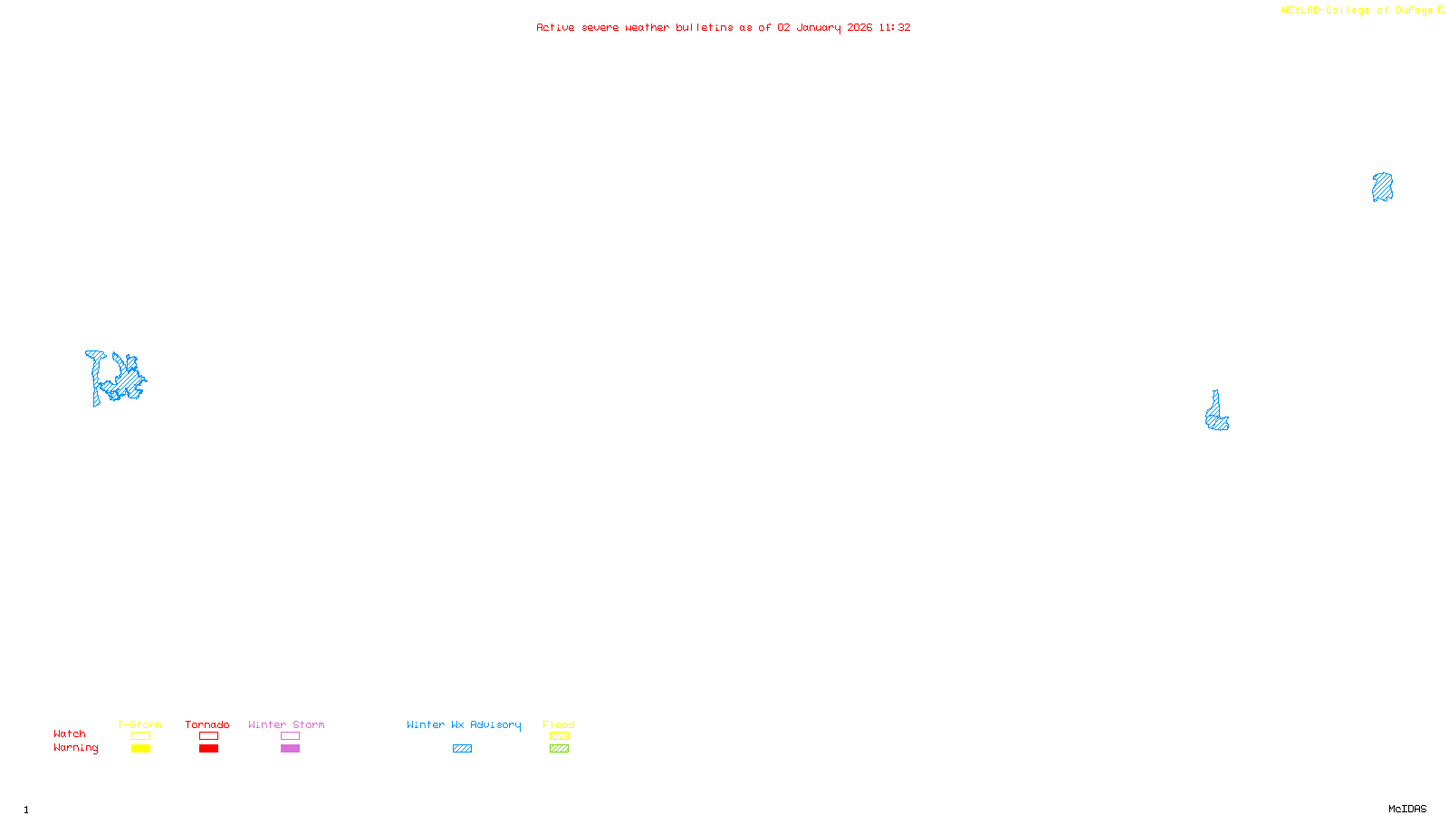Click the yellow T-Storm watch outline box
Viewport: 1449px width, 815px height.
click(x=140, y=736)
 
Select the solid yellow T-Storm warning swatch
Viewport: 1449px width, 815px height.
click(x=140, y=749)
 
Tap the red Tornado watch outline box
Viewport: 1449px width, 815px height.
click(x=208, y=736)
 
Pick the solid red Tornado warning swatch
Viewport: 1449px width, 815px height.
click(x=208, y=749)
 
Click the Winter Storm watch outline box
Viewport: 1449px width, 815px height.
click(x=290, y=736)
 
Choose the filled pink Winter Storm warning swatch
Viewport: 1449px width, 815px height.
click(x=290, y=749)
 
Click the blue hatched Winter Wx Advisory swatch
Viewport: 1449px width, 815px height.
click(x=462, y=749)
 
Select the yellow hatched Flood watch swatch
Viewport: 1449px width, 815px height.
click(x=559, y=736)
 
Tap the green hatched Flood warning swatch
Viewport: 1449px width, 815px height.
click(x=559, y=749)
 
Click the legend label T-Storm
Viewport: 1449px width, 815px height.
click(x=139, y=724)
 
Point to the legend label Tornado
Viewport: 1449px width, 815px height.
click(x=207, y=724)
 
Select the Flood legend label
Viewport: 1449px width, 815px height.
click(x=559, y=724)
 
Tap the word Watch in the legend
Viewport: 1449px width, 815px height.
click(x=70, y=733)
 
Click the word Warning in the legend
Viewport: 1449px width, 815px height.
click(x=75, y=748)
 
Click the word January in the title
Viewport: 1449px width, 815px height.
click(x=819, y=27)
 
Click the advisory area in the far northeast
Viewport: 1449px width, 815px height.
click(x=1382, y=187)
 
